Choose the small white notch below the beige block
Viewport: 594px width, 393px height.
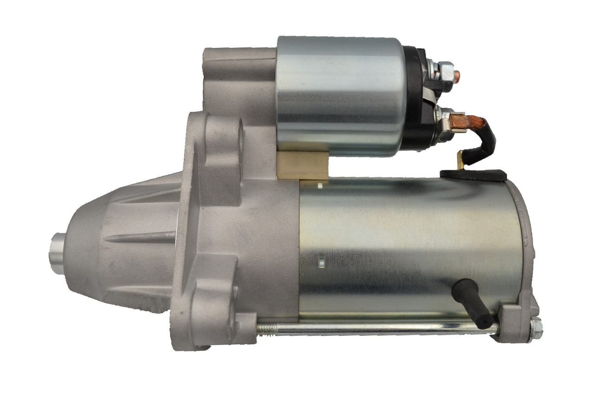[320, 186]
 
